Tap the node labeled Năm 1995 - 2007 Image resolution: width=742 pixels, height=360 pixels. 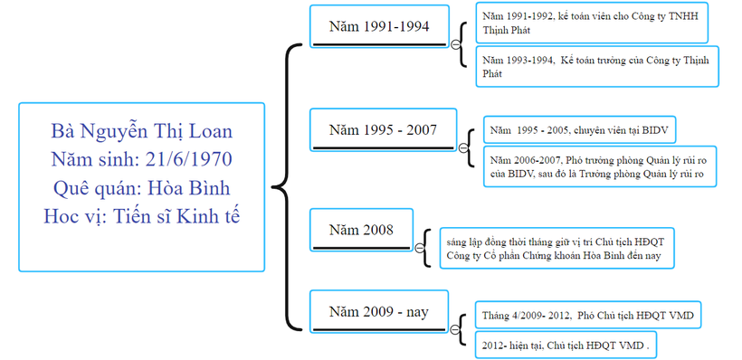[383, 129]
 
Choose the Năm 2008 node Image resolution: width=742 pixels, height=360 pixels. [361, 230]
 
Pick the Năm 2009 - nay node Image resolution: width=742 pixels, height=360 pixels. [378, 311]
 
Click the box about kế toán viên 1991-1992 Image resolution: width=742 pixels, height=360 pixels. [596, 24]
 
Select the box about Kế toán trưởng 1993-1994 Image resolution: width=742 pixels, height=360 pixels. [596, 66]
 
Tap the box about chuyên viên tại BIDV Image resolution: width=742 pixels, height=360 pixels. [580, 128]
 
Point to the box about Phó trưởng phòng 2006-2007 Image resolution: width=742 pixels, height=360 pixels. [599, 166]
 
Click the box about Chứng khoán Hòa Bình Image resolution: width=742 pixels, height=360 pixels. [558, 249]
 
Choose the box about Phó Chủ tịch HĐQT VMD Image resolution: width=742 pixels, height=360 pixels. [588, 315]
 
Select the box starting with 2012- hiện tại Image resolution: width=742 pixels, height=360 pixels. [567, 345]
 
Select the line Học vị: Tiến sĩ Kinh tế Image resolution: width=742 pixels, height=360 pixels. [141, 217]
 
